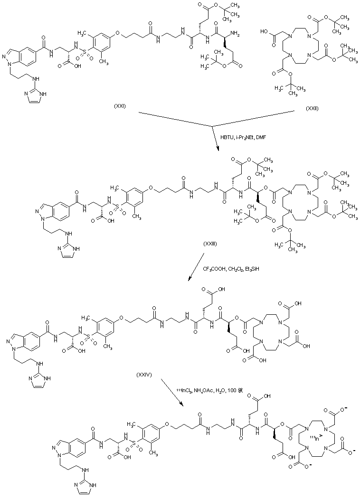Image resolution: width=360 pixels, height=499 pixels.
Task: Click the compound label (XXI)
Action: click(119, 106)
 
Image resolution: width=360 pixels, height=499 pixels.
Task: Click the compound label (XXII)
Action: click(312, 109)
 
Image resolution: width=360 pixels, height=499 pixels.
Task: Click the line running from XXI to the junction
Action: click(176, 119)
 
